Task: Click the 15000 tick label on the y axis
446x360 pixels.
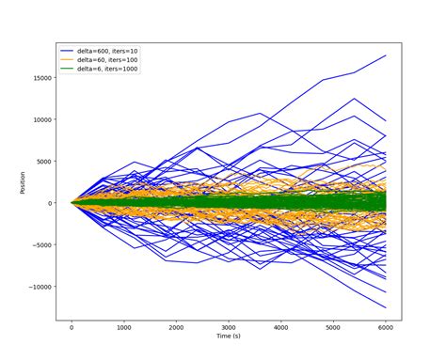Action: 42,78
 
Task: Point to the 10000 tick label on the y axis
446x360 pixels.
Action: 42,119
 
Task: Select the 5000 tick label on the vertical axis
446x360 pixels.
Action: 44,161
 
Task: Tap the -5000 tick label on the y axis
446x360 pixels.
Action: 42,244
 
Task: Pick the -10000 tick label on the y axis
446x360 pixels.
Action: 40,287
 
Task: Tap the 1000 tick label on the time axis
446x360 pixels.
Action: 123,327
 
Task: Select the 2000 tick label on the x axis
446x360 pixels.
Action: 176,327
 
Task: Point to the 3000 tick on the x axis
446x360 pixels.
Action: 229,327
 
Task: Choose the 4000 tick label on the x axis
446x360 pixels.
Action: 281,327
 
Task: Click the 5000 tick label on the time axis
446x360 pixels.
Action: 333,327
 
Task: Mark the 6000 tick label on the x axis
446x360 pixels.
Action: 386,327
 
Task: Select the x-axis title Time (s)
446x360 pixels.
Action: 229,337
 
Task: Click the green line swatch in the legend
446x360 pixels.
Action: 70,69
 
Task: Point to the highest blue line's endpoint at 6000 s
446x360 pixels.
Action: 386,55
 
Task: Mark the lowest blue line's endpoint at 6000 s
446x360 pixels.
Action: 386,307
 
